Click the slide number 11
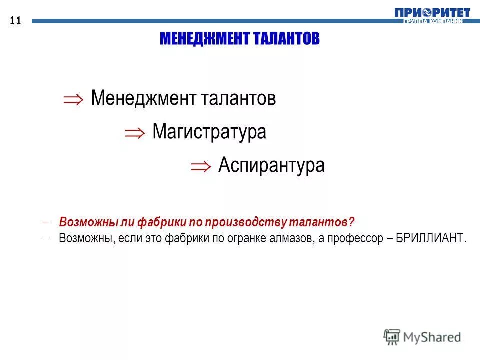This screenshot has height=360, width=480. [x=15, y=21]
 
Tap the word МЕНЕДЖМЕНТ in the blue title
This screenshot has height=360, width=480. [x=202, y=39]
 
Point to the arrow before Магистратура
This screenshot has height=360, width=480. [x=135, y=132]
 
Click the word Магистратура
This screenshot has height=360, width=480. [x=209, y=132]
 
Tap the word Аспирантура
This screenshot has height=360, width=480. [x=271, y=165]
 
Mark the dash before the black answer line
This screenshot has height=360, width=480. [x=45, y=237]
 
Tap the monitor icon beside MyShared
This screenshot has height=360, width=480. [x=392, y=337]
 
